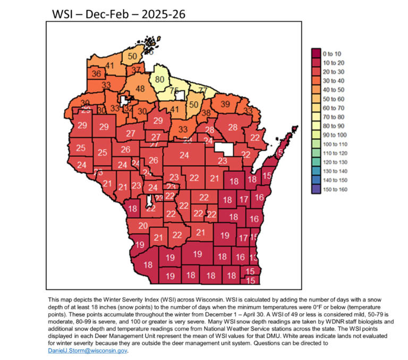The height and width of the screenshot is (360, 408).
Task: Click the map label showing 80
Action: tap(160, 80)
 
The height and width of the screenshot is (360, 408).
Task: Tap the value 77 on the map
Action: tap(202, 90)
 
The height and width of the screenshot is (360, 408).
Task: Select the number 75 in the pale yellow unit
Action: tap(174, 91)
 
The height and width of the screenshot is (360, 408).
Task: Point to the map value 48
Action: tap(140, 89)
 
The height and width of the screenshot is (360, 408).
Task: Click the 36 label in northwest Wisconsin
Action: tap(97, 73)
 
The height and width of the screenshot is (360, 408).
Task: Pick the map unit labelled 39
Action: tap(225, 104)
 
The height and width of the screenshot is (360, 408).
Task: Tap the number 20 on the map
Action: tap(143, 226)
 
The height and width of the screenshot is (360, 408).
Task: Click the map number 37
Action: tap(137, 70)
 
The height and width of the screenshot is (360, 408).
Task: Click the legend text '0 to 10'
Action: tap(333, 53)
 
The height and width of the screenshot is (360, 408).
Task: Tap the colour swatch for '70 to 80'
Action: tap(316, 117)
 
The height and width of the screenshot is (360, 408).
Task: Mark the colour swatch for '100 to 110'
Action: tap(316, 144)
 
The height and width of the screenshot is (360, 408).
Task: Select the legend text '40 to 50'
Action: tap(335, 90)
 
